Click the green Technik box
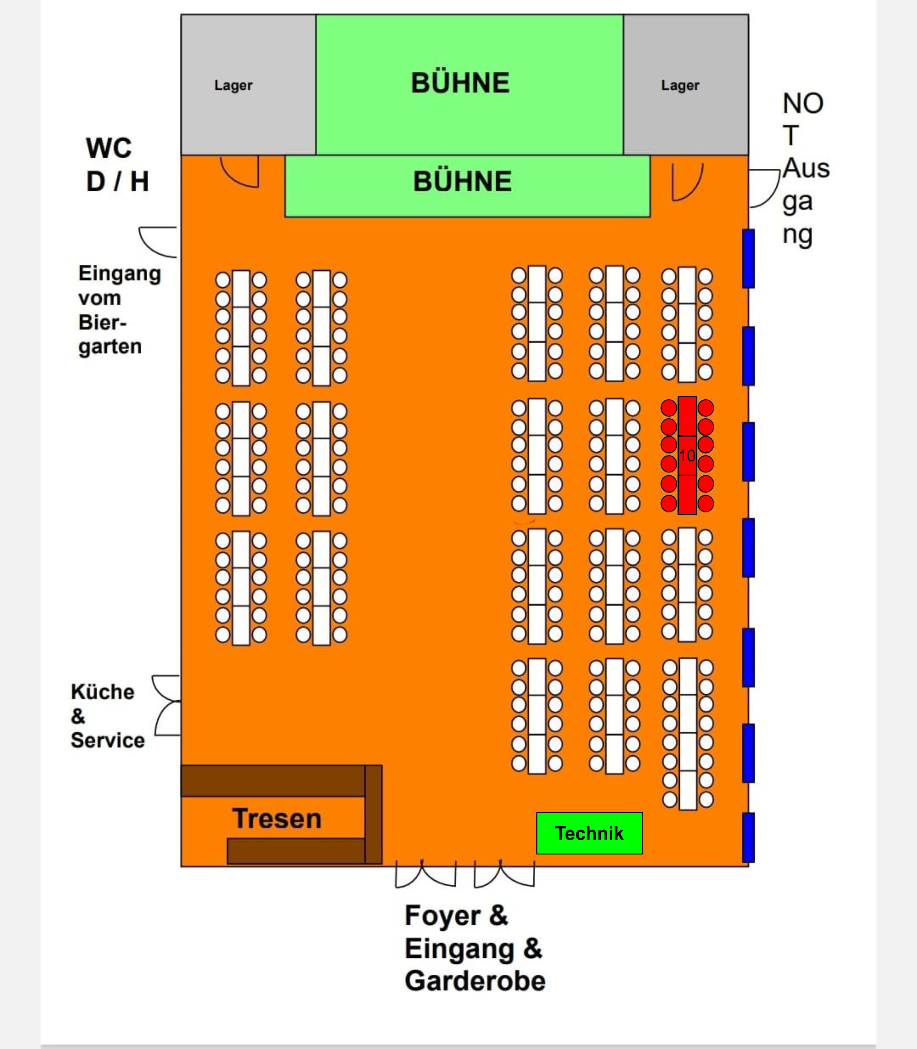pyautogui.click(x=589, y=833)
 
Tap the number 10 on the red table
pyautogui.click(x=687, y=456)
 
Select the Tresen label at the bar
pyautogui.click(x=277, y=818)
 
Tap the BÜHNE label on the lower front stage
pyautogui.click(x=463, y=181)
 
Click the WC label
pyautogui.click(x=109, y=148)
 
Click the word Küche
pyautogui.click(x=103, y=692)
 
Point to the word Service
pyautogui.click(x=108, y=740)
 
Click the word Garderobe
pyautogui.click(x=475, y=981)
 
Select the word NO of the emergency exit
pyautogui.click(x=803, y=103)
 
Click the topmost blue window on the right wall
pyautogui.click(x=748, y=258)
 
